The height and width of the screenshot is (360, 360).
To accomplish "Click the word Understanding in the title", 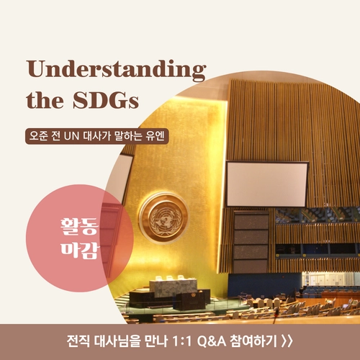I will [116, 71].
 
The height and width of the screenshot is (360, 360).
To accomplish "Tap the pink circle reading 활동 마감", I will [79, 236].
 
